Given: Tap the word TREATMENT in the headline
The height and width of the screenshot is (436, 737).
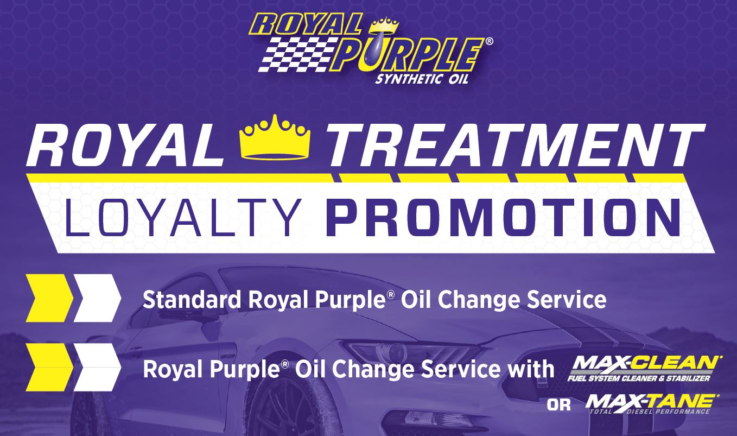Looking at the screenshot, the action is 516,145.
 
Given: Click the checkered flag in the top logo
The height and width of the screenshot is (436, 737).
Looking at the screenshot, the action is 298,54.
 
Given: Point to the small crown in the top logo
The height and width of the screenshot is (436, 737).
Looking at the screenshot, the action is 384,26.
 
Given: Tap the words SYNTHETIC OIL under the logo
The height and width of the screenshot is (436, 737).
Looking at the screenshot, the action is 422,79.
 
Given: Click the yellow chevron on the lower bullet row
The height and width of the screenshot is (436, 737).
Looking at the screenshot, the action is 49,368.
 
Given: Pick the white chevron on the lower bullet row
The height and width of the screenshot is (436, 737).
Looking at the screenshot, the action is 97,368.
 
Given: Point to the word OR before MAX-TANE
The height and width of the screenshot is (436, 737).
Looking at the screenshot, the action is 559,405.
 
